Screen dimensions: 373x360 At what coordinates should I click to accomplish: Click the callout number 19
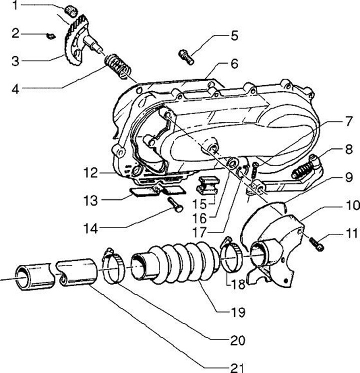(x=238, y=312)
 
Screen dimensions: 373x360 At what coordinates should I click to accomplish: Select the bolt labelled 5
(x=185, y=56)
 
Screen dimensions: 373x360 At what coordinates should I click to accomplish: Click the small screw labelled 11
(x=316, y=245)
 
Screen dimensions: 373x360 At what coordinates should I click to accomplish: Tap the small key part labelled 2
(x=49, y=35)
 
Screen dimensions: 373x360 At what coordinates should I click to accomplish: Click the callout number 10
(x=346, y=205)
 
